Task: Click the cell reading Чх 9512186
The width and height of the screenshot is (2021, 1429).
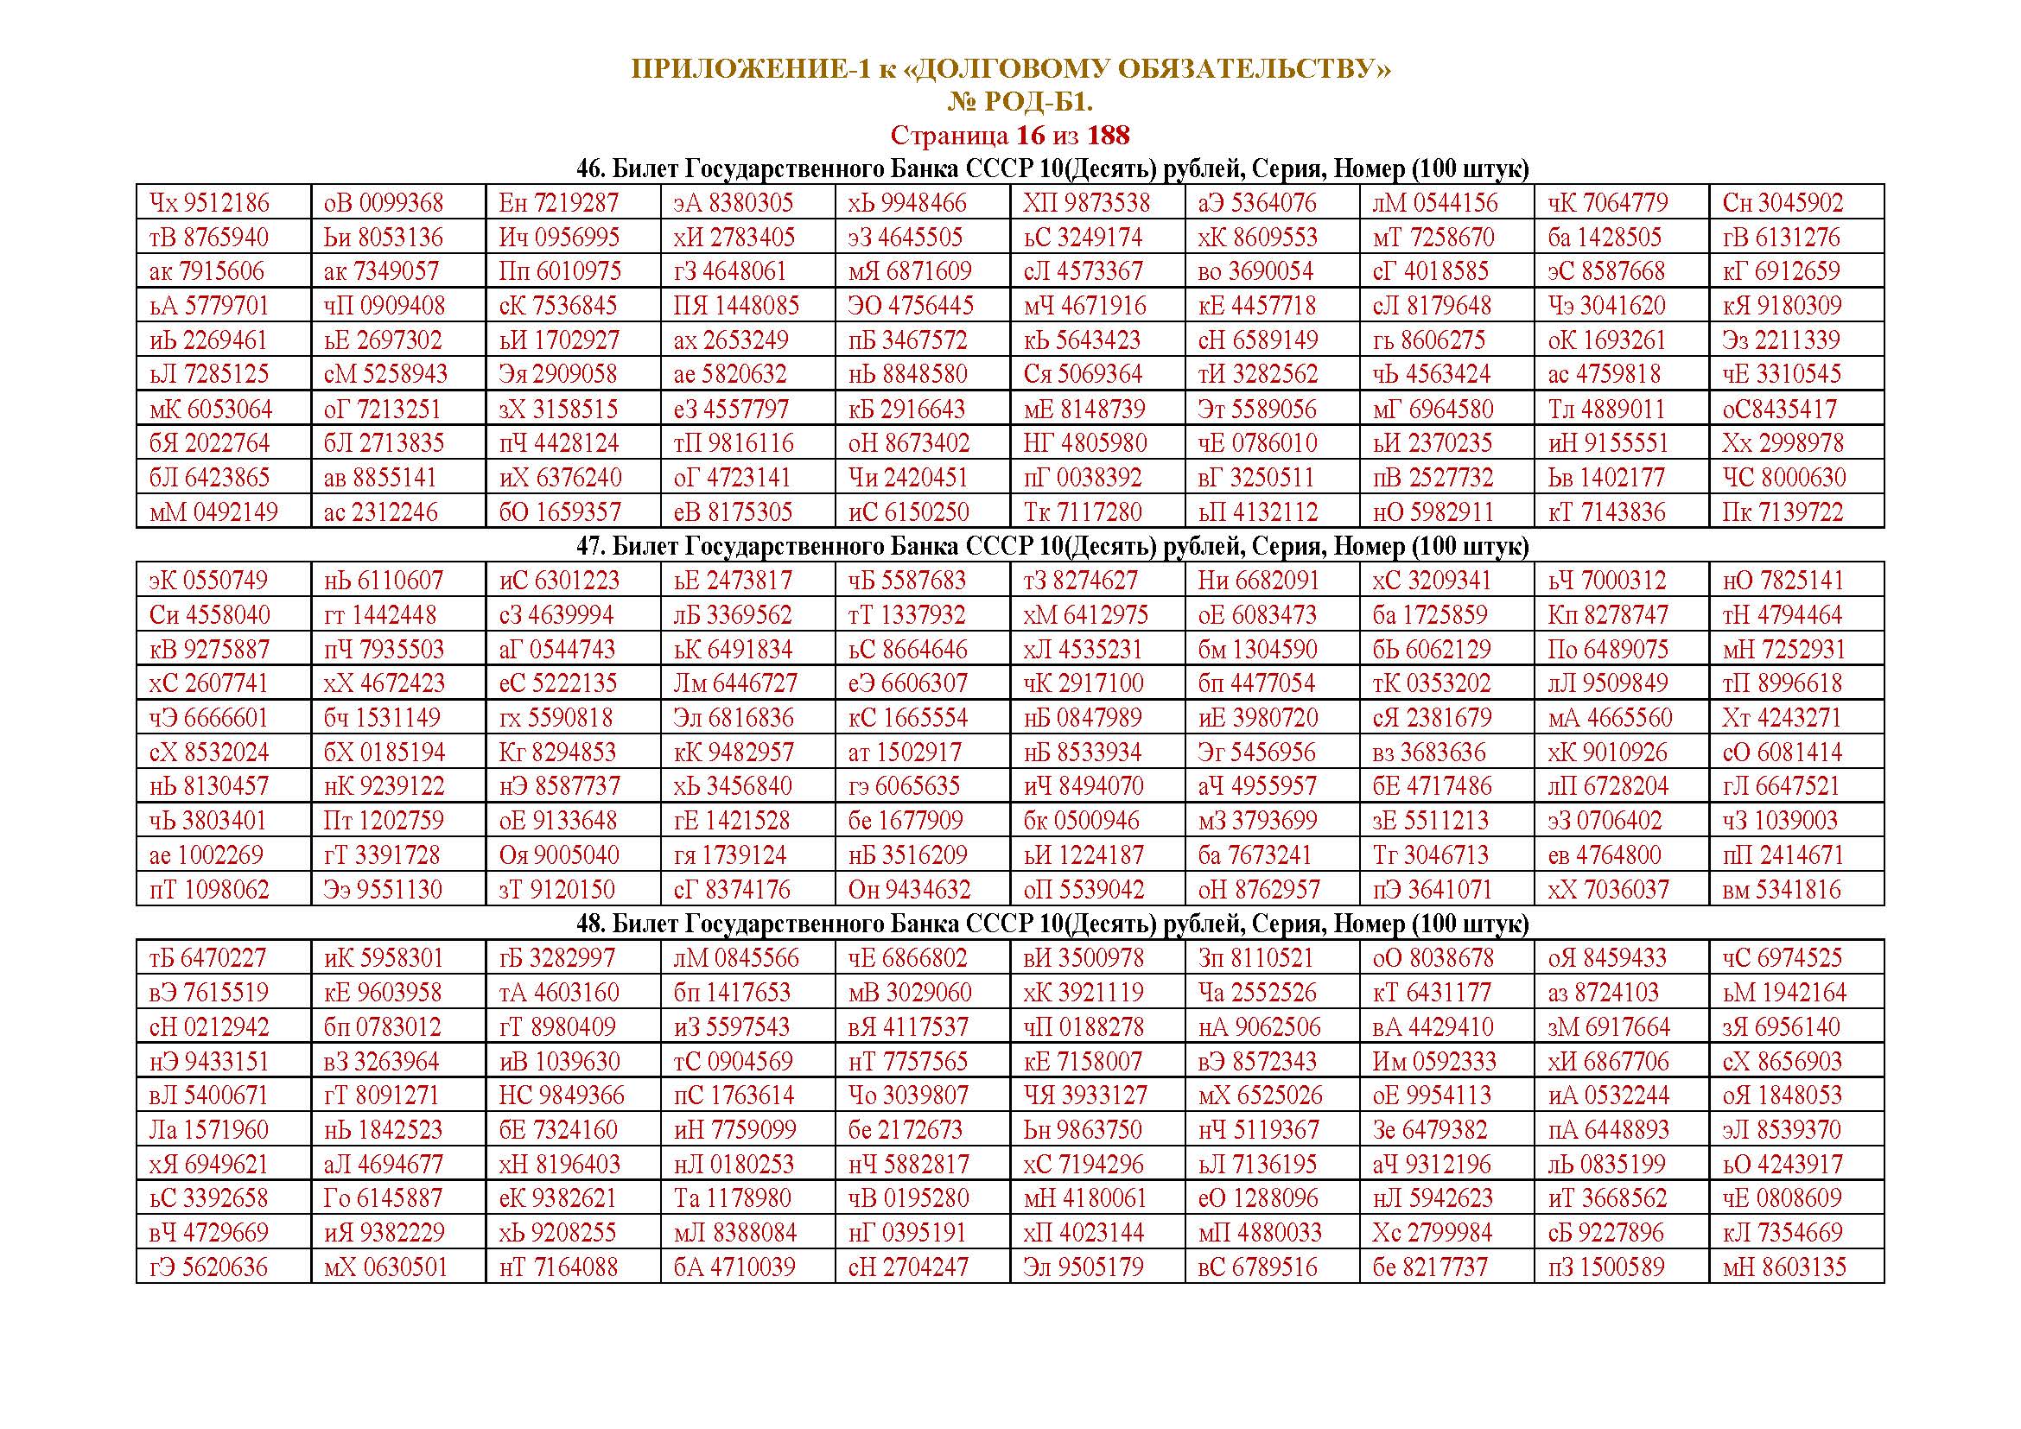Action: coord(209,203)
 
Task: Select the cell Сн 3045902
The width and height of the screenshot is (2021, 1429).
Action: coord(1783,203)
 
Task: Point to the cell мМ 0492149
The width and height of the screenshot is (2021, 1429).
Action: coord(214,512)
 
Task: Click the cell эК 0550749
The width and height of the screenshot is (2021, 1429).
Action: coord(209,581)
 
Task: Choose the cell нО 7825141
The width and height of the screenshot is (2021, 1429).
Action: coord(1783,581)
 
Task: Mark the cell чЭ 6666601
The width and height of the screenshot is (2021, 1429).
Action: coord(208,718)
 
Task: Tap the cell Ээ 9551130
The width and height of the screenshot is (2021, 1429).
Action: coord(383,890)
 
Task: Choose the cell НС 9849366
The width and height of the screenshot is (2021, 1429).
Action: coord(562,1096)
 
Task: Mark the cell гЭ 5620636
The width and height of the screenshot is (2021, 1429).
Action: coord(208,1267)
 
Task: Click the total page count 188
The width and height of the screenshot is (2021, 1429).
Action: coord(1109,136)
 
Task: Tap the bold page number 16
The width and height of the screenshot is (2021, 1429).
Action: coord(1031,136)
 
